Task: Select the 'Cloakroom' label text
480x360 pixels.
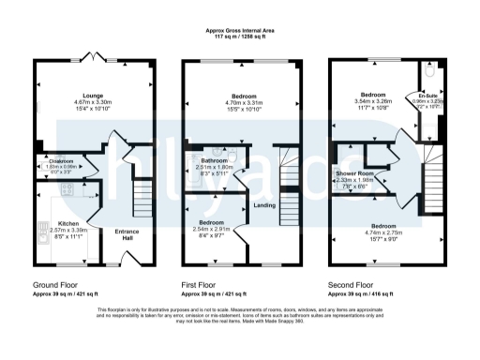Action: click(x=61, y=161)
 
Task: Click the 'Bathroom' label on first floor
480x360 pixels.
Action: click(x=217, y=159)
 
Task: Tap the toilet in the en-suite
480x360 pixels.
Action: click(x=429, y=71)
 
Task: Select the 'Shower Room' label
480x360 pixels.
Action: click(x=354, y=173)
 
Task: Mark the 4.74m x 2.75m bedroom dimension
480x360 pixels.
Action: click(x=382, y=233)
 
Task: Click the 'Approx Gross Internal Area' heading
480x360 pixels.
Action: click(x=240, y=30)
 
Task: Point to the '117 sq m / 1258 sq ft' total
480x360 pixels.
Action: click(x=240, y=37)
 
